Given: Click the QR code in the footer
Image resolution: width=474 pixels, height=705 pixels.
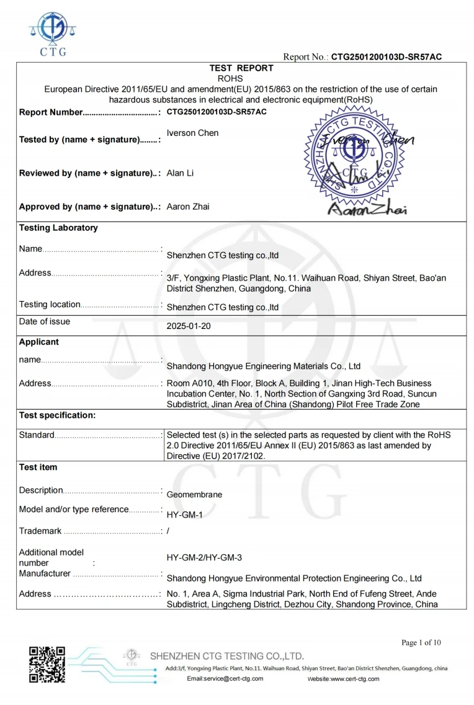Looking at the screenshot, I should [47, 664].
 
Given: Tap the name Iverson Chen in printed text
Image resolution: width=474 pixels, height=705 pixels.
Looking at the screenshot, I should [192, 133].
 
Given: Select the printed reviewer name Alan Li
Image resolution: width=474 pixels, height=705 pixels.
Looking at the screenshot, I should [180, 173].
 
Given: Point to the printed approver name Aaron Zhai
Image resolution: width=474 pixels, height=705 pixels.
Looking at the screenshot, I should [188, 207].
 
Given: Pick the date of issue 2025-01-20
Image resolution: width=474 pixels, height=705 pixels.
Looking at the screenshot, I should [189, 326].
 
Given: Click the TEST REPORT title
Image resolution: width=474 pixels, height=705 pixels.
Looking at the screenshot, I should [241, 68].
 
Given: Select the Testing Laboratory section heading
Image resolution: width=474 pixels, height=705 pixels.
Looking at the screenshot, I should [58, 228].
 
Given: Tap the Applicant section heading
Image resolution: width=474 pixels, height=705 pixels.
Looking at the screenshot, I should [39, 342].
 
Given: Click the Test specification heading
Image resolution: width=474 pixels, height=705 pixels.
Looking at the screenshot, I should [57, 415].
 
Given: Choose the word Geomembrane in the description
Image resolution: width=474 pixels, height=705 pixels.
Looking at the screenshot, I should [194, 495].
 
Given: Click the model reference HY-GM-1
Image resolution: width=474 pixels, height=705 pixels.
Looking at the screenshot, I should [185, 515].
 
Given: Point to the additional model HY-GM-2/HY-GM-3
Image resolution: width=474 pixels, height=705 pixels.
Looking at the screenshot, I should [204, 557].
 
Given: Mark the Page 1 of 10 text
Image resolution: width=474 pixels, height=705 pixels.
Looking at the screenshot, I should [421, 642].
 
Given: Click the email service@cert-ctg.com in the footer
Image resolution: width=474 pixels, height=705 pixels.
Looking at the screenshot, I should [225, 678].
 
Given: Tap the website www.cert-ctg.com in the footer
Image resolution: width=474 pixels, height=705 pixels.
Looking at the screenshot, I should [343, 679].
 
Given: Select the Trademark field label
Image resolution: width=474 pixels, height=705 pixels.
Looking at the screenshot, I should [40, 531].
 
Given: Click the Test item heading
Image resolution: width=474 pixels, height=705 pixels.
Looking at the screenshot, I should [38, 467].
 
